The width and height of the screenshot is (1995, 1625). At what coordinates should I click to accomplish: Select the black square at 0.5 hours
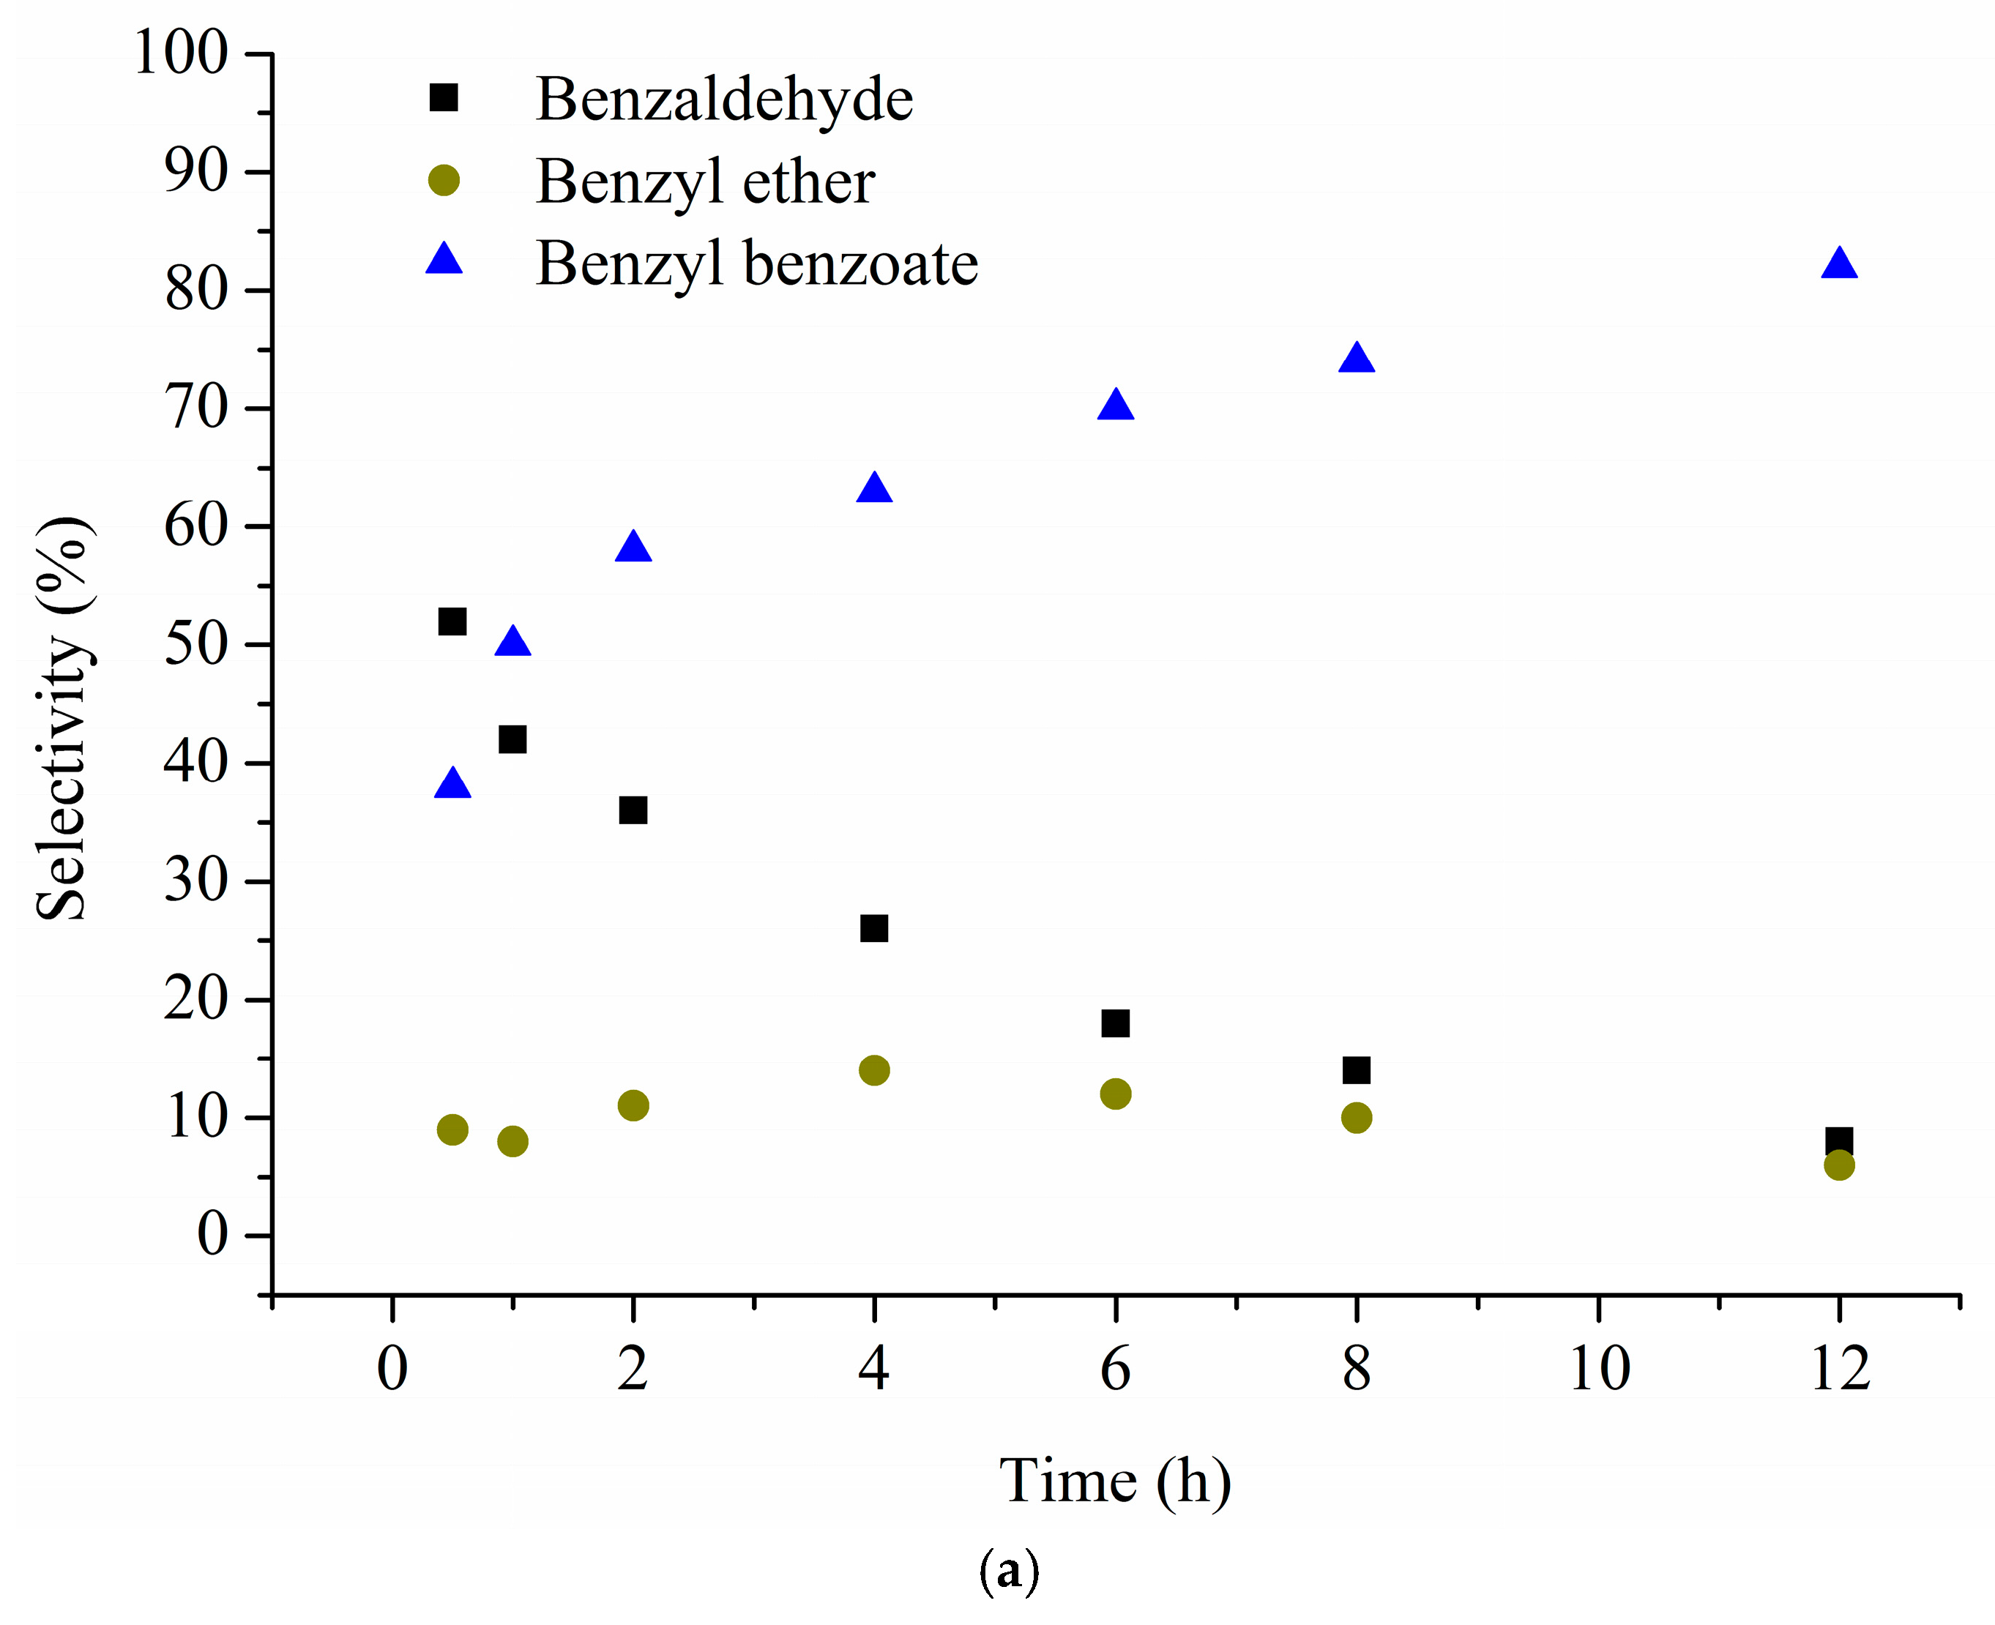(452, 621)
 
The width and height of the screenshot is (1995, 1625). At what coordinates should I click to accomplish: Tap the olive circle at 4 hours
(873, 1070)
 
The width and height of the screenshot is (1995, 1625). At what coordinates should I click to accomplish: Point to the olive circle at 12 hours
(1838, 1165)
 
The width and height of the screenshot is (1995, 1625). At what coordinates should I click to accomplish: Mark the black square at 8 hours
(1356, 1070)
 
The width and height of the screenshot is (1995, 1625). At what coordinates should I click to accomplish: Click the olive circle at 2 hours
(633, 1105)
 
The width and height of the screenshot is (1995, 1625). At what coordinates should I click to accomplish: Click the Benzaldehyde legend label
(723, 100)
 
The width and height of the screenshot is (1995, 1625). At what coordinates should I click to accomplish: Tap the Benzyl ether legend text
(705, 182)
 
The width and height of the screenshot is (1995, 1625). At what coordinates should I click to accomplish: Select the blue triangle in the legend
(444, 259)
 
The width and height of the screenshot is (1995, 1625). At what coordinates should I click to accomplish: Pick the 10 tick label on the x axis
(1599, 1370)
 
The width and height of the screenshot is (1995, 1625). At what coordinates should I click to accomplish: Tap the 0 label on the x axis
(392, 1370)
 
